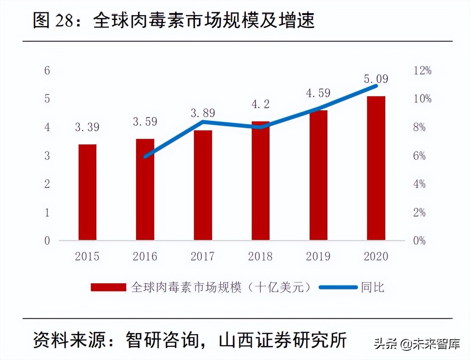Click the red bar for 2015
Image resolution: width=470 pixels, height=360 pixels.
point(87,192)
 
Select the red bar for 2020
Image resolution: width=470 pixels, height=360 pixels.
point(376,168)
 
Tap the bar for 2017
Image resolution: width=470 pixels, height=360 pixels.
point(203,185)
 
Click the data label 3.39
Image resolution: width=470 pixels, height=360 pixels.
point(87,127)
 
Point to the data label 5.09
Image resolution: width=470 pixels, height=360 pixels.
point(376,79)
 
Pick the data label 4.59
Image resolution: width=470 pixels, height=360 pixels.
point(318,93)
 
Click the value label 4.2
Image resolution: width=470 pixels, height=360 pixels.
point(261,104)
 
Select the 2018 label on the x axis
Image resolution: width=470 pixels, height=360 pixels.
point(260,256)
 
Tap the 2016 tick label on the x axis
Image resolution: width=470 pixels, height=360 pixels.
point(145,256)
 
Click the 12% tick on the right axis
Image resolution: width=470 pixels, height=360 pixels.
point(422,70)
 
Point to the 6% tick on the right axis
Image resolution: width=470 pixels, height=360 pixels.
point(419,156)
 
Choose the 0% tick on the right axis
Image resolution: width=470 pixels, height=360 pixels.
point(419,241)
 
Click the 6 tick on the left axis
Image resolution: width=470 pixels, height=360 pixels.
point(47,70)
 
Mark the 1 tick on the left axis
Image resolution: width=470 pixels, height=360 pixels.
point(47,212)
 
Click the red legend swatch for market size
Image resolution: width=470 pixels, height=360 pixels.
point(108,288)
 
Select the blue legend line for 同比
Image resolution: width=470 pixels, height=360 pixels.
point(338,288)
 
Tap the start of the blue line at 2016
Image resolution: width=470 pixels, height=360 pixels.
point(145,157)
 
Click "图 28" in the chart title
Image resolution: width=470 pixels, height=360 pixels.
point(53,20)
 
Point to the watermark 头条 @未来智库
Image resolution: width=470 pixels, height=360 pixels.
point(417,344)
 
